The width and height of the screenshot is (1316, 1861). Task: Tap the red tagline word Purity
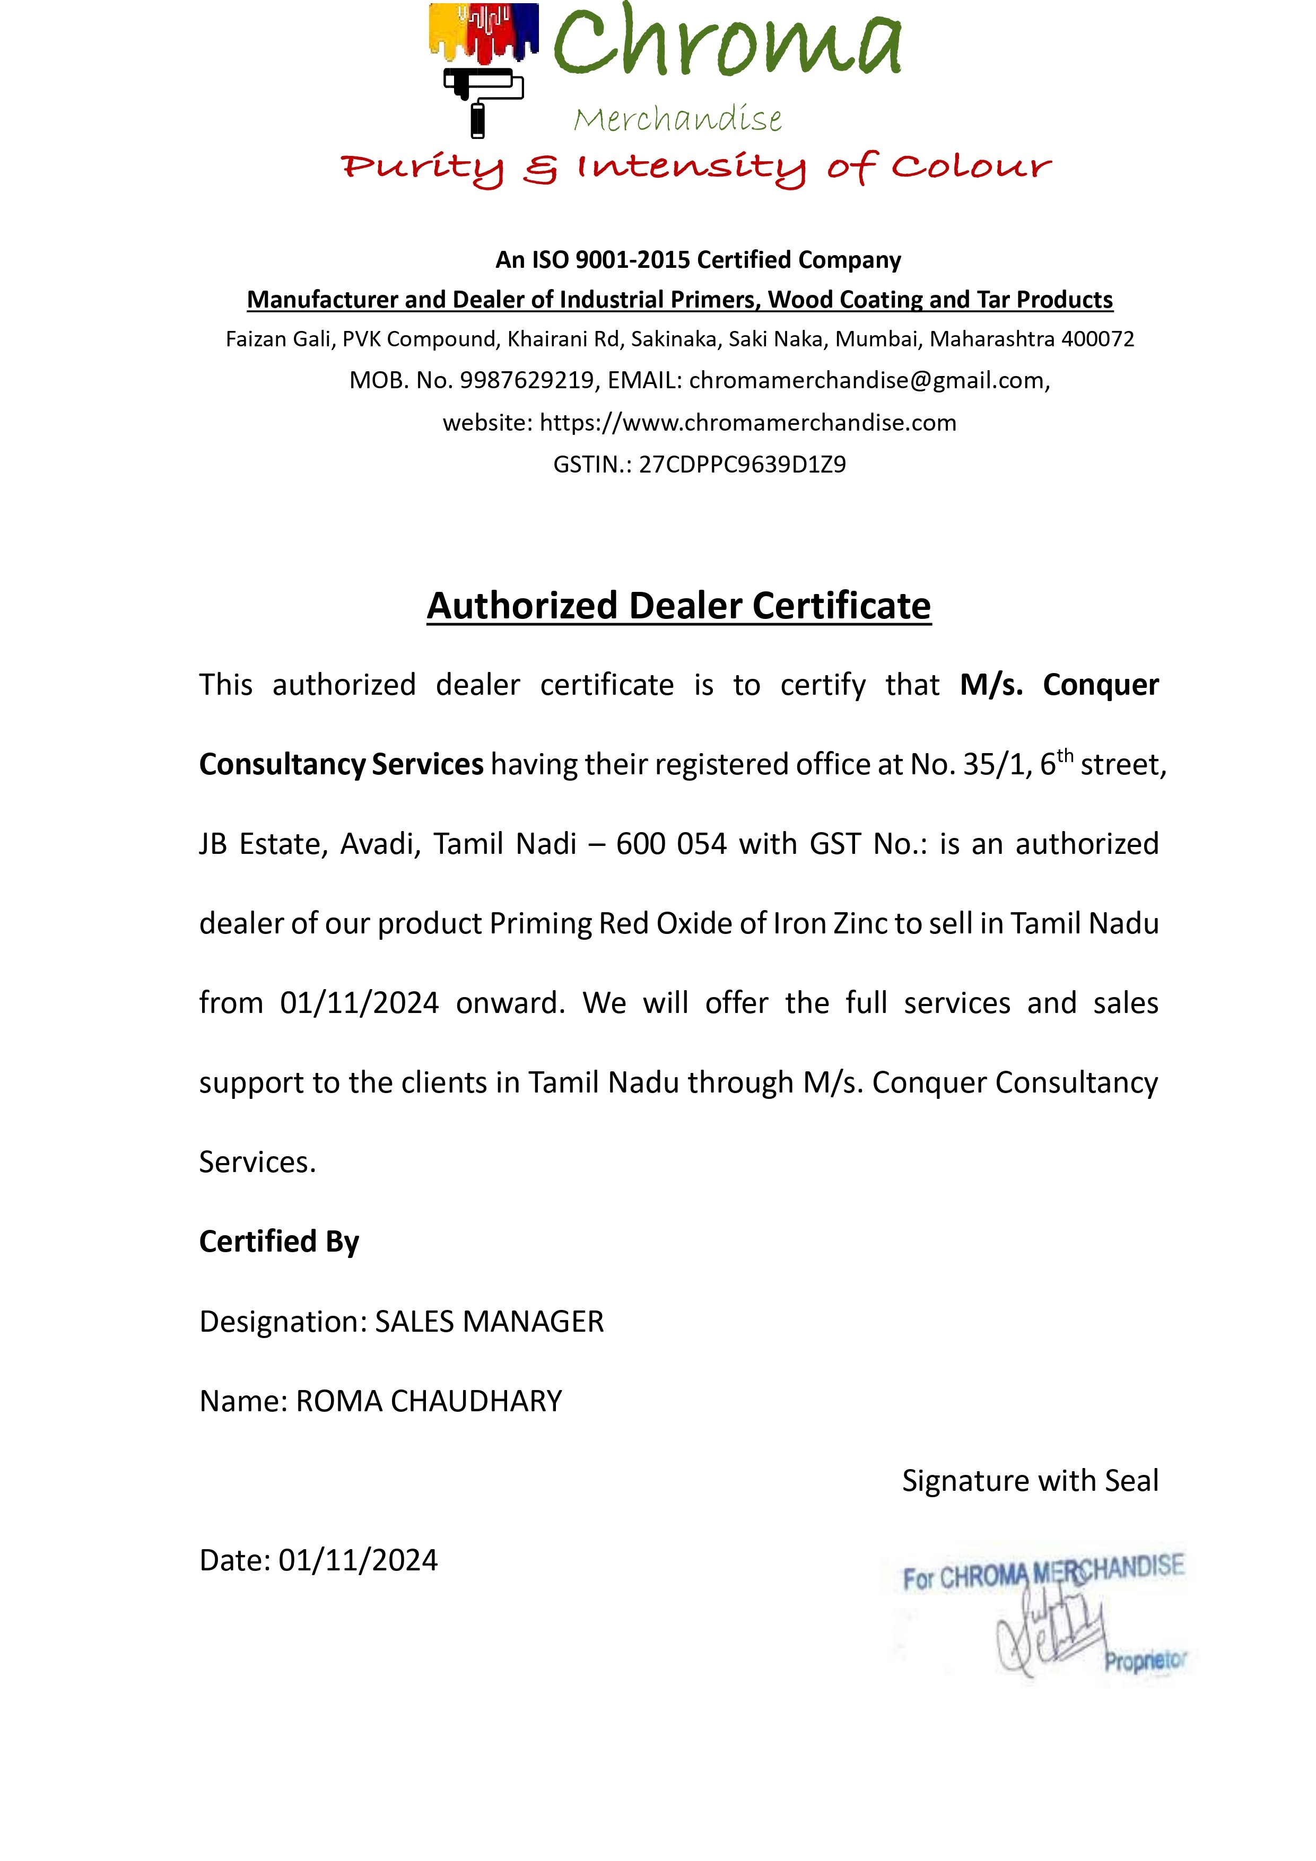pos(422,168)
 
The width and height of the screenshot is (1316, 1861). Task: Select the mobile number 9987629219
pos(527,380)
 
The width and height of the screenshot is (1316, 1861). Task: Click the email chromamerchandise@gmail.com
pos(868,380)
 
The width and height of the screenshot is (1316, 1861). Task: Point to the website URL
pos(747,422)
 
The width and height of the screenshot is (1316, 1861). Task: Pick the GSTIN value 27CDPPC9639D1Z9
pos(742,465)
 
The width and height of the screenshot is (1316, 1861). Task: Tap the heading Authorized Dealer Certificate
pos(678,606)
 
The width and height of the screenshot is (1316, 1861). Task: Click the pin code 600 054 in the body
pos(670,844)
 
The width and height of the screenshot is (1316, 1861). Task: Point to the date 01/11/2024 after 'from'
pos(359,1003)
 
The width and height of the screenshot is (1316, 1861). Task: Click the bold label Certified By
pos(279,1241)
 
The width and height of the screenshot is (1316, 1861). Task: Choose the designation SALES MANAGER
pos(489,1321)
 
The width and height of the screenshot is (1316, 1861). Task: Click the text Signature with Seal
pos(1030,1480)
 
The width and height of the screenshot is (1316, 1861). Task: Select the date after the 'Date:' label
pos(358,1559)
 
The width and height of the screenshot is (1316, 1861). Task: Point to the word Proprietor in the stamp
pos(1145,1661)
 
